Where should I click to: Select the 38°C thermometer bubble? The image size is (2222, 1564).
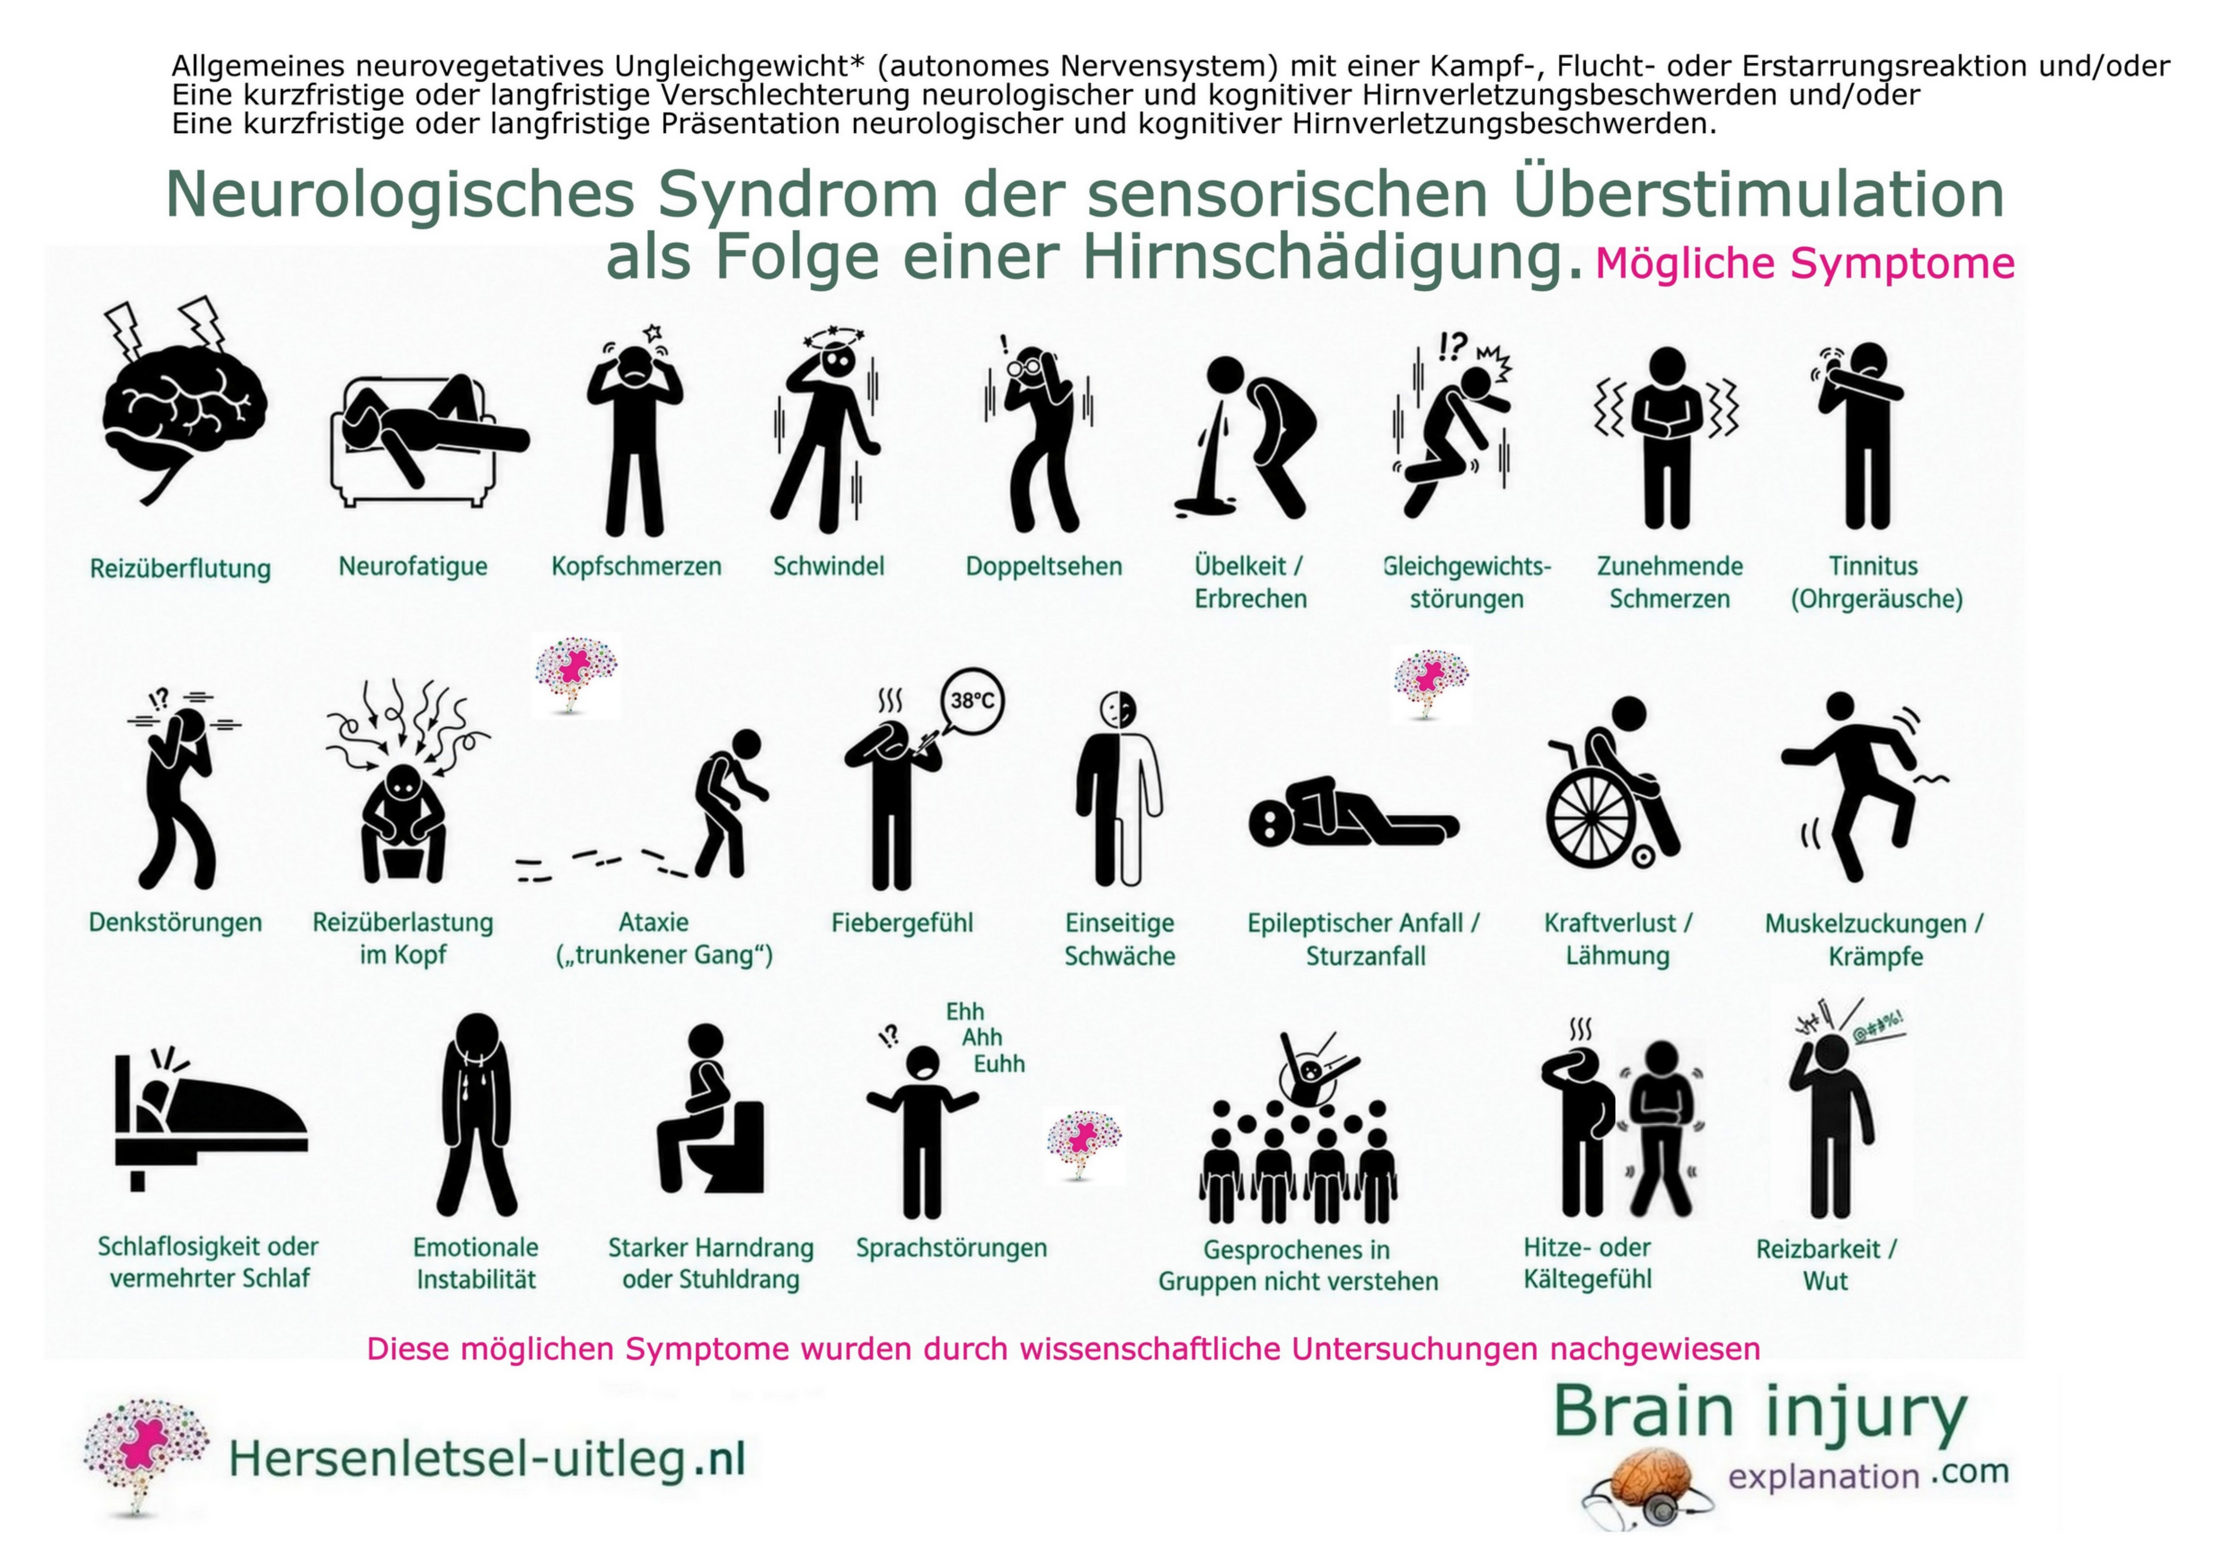[x=972, y=701]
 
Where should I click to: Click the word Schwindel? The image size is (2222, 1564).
[x=828, y=566]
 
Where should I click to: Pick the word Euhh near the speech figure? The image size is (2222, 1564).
[x=999, y=1064]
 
